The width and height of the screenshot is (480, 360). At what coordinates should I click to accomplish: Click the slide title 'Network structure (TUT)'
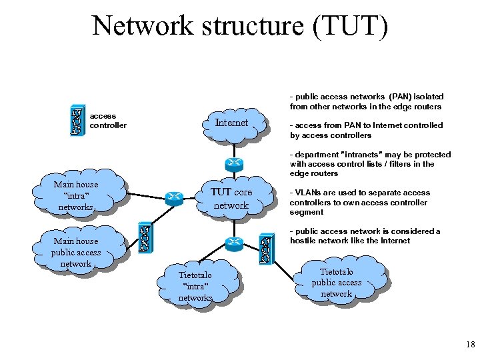[239, 26]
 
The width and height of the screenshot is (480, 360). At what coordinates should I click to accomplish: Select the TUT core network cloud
[231, 198]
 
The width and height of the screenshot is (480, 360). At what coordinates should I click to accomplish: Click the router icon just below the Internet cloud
[232, 164]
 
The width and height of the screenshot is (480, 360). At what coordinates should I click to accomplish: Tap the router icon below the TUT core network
[233, 243]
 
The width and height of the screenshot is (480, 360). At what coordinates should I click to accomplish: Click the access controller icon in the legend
[78, 121]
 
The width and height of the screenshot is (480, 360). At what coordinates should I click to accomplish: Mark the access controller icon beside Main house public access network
[143, 238]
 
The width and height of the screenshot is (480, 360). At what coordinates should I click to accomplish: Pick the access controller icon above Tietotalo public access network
[265, 248]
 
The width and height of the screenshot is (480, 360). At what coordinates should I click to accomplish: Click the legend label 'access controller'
[107, 121]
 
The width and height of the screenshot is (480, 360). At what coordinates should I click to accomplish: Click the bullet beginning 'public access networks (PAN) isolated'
[366, 101]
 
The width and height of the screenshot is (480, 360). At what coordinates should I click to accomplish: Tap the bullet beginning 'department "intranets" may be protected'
[370, 164]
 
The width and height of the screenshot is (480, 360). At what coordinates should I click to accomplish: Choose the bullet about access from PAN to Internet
[366, 130]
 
